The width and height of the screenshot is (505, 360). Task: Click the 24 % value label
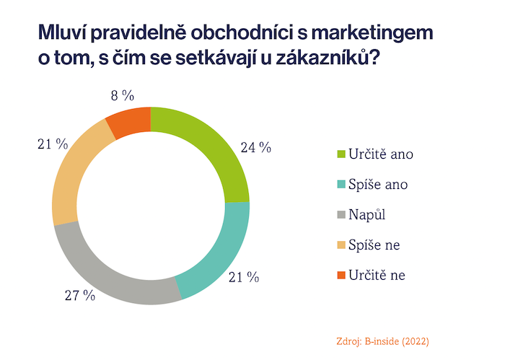(255, 148)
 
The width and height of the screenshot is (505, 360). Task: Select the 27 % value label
(80, 295)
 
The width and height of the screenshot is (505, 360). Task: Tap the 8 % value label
(120, 95)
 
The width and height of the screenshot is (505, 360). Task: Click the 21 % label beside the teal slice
(244, 278)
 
